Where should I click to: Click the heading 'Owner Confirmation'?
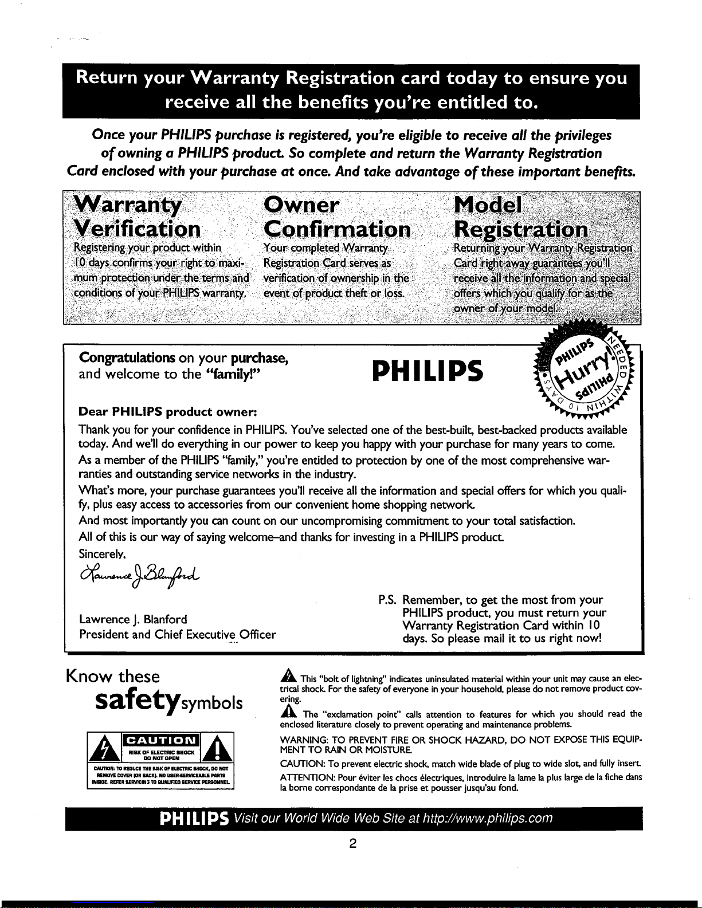point(336,218)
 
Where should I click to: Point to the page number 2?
point(353,843)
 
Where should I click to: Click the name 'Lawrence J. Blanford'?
point(133,619)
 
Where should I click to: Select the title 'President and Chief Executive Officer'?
point(177,635)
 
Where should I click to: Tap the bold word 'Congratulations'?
point(127,358)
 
